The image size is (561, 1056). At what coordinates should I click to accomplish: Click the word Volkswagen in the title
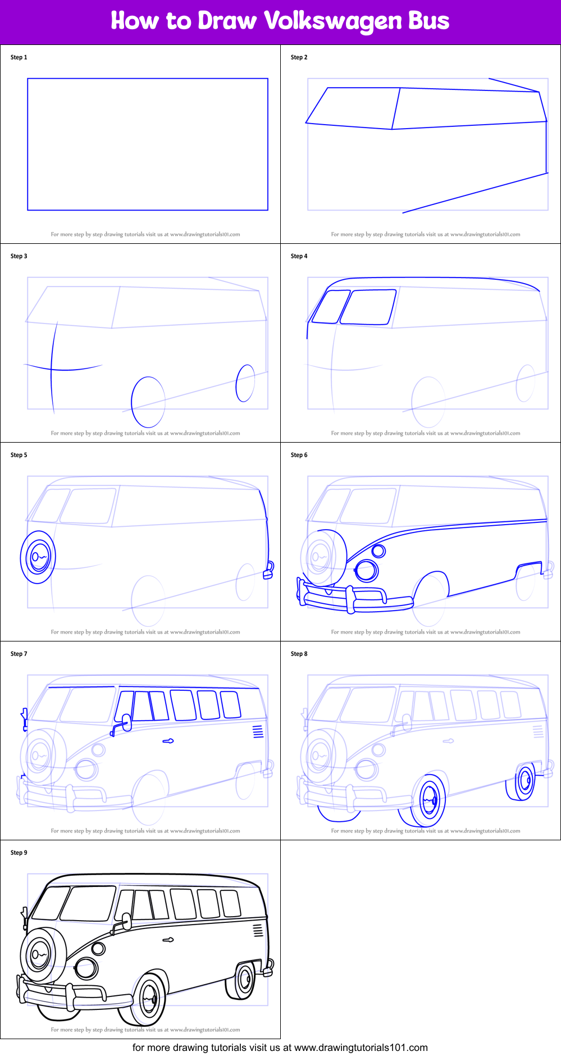pyautogui.click(x=332, y=21)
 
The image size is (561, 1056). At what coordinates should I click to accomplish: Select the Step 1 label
pyautogui.click(x=19, y=57)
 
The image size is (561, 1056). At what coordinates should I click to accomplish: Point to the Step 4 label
pyautogui.click(x=299, y=256)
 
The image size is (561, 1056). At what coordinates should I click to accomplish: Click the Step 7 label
pyautogui.click(x=19, y=654)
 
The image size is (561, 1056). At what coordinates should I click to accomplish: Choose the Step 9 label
pyautogui.click(x=19, y=853)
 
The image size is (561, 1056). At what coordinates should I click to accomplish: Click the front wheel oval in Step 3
pyautogui.click(x=148, y=402)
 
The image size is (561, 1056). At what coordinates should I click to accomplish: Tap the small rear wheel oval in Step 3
pyautogui.click(x=245, y=383)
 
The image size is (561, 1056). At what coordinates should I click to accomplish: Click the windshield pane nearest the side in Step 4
pyautogui.click(x=368, y=307)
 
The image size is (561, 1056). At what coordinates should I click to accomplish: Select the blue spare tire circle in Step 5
pyautogui.click(x=38, y=557)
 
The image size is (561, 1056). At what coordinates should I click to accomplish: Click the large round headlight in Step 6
pyautogui.click(x=367, y=571)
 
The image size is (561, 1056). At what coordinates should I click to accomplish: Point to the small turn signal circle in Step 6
pyautogui.click(x=379, y=550)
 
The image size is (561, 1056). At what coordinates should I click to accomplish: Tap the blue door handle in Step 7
pyautogui.click(x=168, y=741)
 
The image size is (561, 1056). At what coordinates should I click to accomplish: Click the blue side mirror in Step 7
pyautogui.click(x=126, y=722)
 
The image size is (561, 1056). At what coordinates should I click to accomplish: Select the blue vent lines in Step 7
pyautogui.click(x=258, y=731)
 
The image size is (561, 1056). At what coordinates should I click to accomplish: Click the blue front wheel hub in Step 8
pyautogui.click(x=430, y=800)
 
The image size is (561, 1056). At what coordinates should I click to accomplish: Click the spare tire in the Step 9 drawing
pyautogui.click(x=39, y=955)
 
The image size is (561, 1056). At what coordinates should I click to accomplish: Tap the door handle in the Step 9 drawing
pyautogui.click(x=168, y=940)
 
